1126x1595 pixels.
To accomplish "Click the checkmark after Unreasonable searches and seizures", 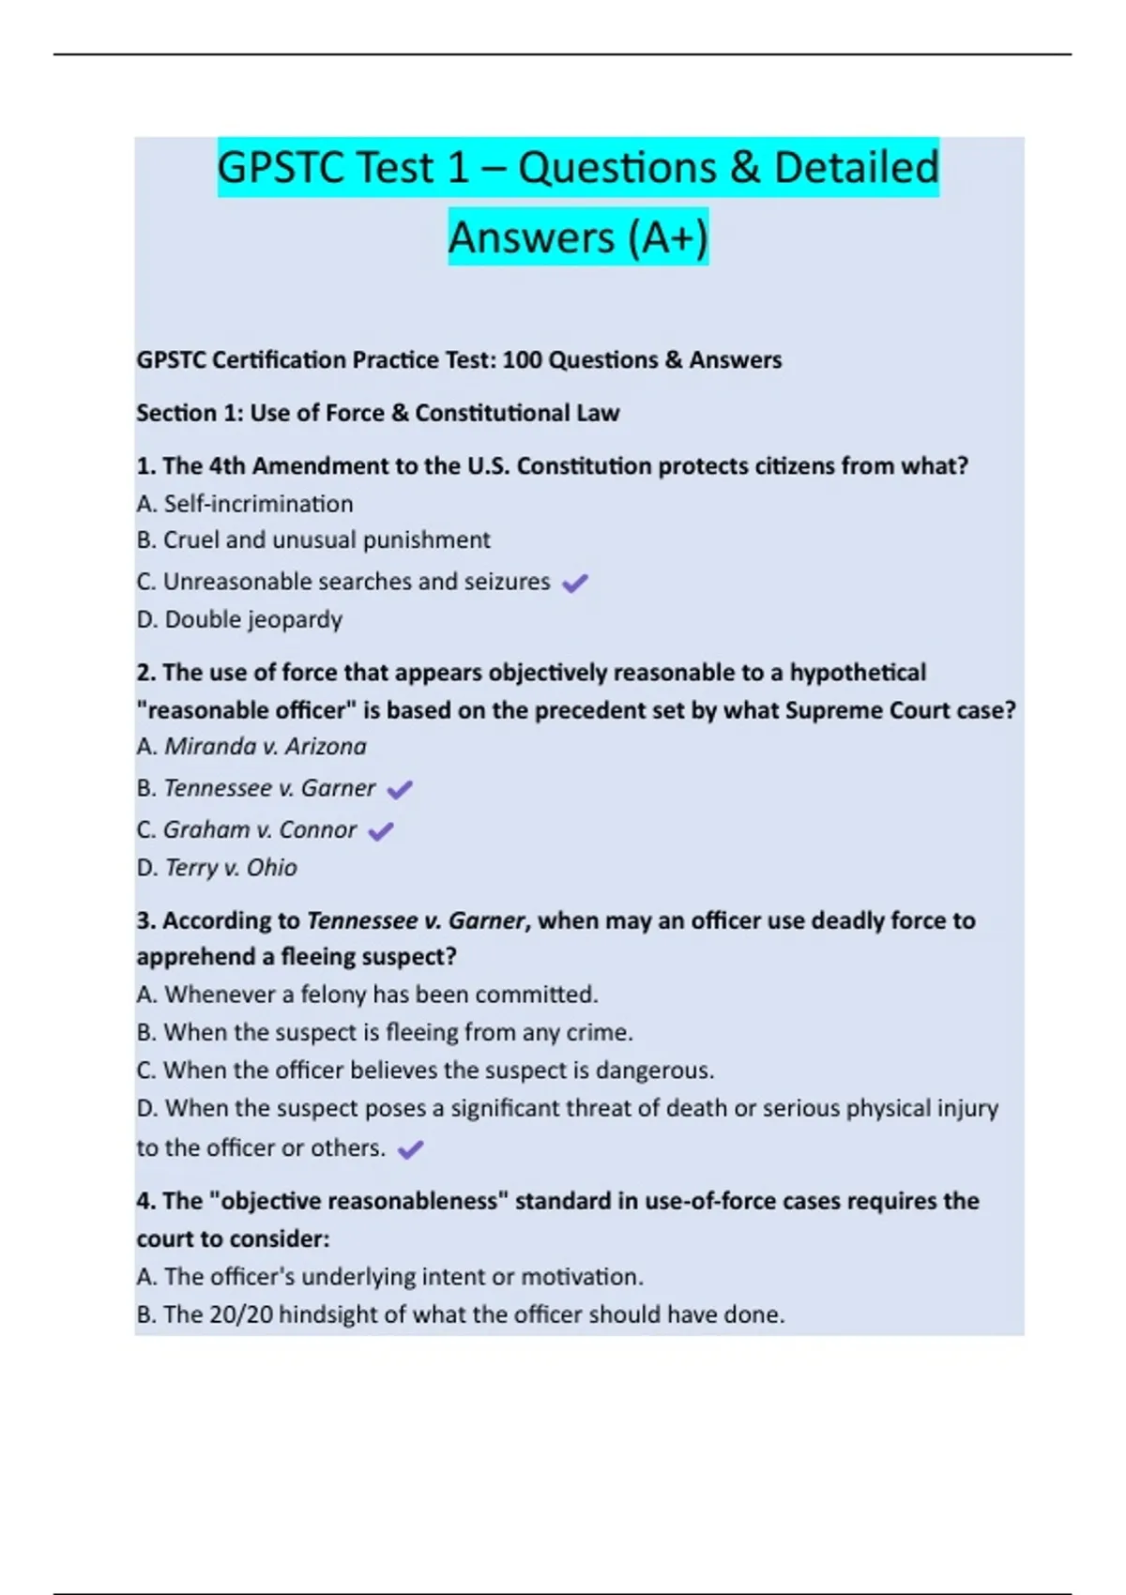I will click(x=574, y=583).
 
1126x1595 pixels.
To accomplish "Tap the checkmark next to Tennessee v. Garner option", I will click(x=400, y=790).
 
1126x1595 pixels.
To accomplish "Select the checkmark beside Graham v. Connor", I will click(x=381, y=831).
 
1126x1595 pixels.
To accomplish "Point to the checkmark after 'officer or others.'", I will click(x=411, y=1149).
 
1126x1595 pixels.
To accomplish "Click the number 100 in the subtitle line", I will click(x=522, y=360).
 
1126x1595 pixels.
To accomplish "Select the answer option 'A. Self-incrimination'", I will click(x=245, y=504).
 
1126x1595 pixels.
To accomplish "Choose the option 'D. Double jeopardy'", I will click(x=239, y=619).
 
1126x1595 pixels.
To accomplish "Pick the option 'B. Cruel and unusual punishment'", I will click(x=313, y=540).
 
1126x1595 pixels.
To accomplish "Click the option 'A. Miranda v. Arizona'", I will click(x=251, y=747).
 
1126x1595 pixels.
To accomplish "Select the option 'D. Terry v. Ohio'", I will click(x=217, y=868).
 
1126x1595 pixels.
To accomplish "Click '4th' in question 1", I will click(x=227, y=466).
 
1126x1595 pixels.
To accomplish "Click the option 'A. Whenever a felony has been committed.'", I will click(x=367, y=995).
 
